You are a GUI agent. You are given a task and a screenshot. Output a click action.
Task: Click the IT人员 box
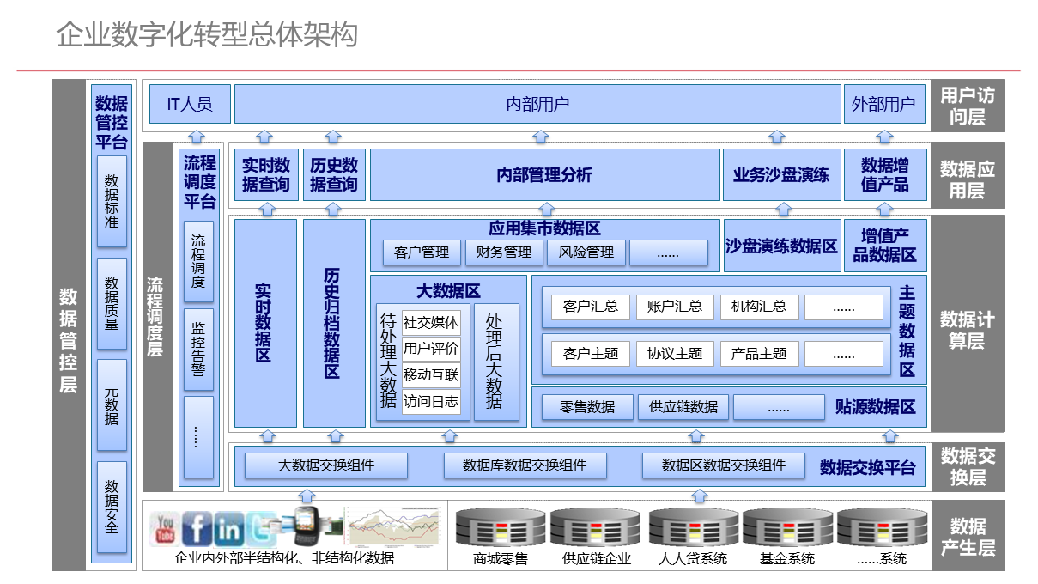[x=188, y=104]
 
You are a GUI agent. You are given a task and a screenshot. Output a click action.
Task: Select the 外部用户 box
[x=884, y=104]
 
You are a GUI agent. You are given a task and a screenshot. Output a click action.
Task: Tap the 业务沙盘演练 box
[x=781, y=175]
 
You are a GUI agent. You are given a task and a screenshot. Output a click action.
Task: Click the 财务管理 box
[x=504, y=252]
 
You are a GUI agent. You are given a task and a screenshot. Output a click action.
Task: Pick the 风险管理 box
[x=586, y=252]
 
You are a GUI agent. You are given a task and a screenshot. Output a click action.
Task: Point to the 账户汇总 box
[x=675, y=307]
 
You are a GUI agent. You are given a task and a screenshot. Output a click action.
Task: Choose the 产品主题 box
[x=759, y=353]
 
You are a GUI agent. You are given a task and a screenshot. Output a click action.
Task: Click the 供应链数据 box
[x=683, y=407]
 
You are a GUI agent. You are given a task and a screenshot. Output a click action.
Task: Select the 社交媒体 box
[x=431, y=323]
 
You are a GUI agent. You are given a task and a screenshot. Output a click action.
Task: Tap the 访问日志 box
[x=431, y=401]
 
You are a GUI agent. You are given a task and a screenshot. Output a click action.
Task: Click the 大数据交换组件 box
[x=326, y=465]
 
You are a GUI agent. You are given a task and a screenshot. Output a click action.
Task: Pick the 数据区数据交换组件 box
[x=724, y=465]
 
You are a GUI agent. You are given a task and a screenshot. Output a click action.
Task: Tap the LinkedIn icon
[x=229, y=529]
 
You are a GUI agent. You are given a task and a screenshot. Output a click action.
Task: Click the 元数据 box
[x=112, y=405]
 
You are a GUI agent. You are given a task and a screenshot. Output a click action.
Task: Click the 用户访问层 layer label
[x=968, y=106]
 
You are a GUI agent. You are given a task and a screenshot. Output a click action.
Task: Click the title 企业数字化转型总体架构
[x=207, y=35]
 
